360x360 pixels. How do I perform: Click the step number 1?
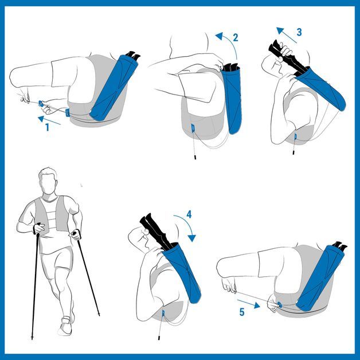pyautogui.click(x=48, y=127)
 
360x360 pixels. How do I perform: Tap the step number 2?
pyautogui.click(x=236, y=38)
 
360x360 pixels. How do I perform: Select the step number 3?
pyautogui.click(x=299, y=32)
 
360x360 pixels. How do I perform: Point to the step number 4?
pyautogui.click(x=189, y=214)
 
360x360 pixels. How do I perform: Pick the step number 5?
pyautogui.click(x=242, y=312)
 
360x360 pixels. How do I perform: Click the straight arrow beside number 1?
pyautogui.click(x=49, y=120)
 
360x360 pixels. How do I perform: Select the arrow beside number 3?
pyautogui.click(x=286, y=35)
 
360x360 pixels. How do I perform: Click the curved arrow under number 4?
pyautogui.click(x=187, y=225)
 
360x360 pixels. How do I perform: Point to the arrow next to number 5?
pyautogui.click(x=249, y=303)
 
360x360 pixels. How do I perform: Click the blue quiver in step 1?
pyautogui.click(x=113, y=88)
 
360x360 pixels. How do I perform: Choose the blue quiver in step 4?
pyautogui.click(x=183, y=273)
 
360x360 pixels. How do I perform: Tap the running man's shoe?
pyautogui.click(x=66, y=326)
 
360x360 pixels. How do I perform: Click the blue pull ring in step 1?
pyautogui.click(x=41, y=104)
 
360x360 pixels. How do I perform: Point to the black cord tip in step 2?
pyautogui.click(x=195, y=157)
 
